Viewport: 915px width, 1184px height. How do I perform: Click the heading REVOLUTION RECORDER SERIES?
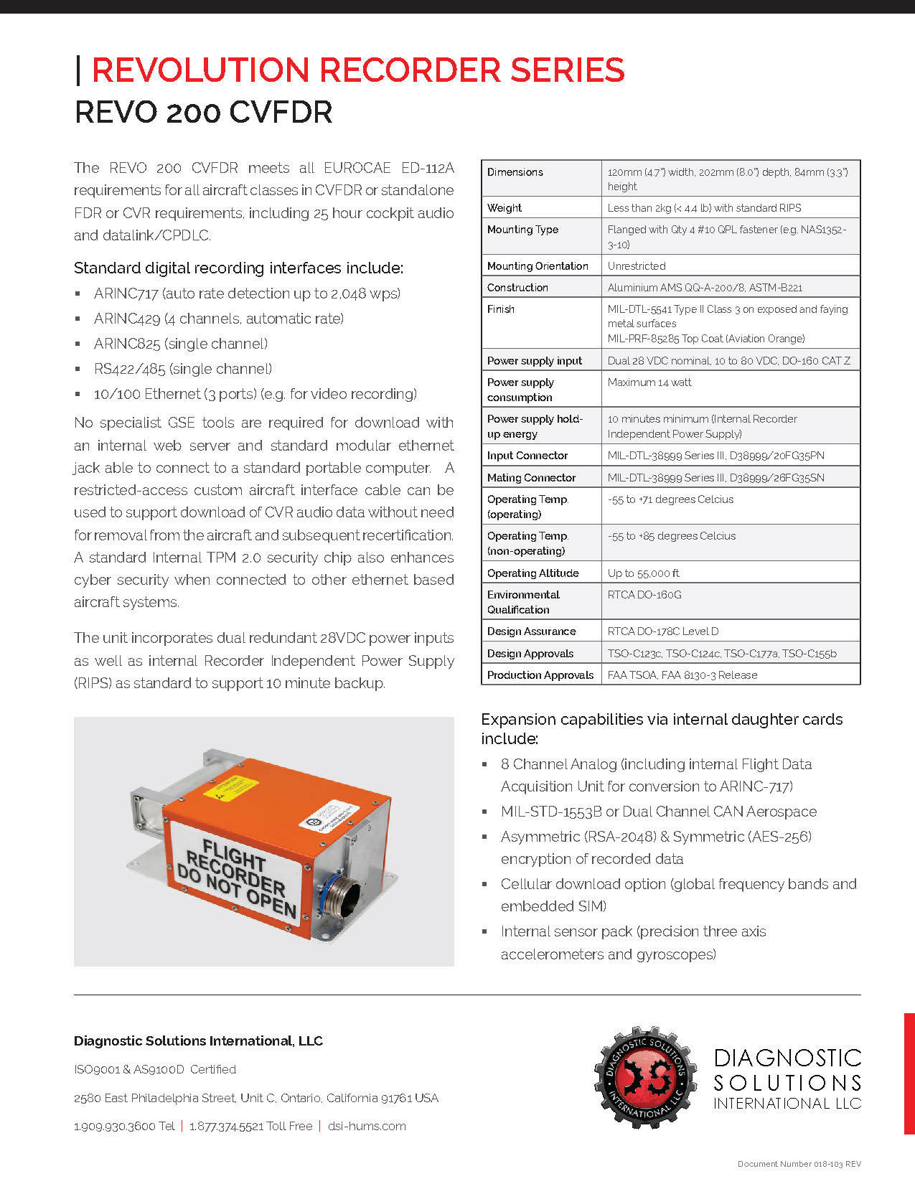click(357, 70)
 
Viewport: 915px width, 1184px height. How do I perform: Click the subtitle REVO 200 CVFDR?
click(203, 113)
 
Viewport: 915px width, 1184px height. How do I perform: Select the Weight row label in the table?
click(505, 208)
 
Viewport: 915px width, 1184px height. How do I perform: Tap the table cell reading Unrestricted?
click(637, 266)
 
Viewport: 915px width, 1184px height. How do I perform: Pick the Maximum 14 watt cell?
click(649, 382)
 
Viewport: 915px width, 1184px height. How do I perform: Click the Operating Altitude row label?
click(532, 573)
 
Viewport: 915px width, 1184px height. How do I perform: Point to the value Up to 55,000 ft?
click(643, 573)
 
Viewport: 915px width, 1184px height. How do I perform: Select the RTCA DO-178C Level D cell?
click(662, 631)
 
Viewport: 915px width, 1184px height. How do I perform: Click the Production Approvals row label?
click(540, 675)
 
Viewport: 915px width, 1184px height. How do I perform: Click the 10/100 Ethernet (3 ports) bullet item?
click(255, 394)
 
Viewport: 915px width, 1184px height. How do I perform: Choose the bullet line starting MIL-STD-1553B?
click(658, 812)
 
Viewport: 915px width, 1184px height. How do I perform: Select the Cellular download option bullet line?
click(678, 884)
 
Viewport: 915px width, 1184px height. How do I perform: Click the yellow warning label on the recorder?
click(230, 788)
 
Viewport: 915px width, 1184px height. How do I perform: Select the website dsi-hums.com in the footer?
click(367, 1126)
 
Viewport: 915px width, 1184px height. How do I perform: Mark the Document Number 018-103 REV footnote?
click(799, 1164)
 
